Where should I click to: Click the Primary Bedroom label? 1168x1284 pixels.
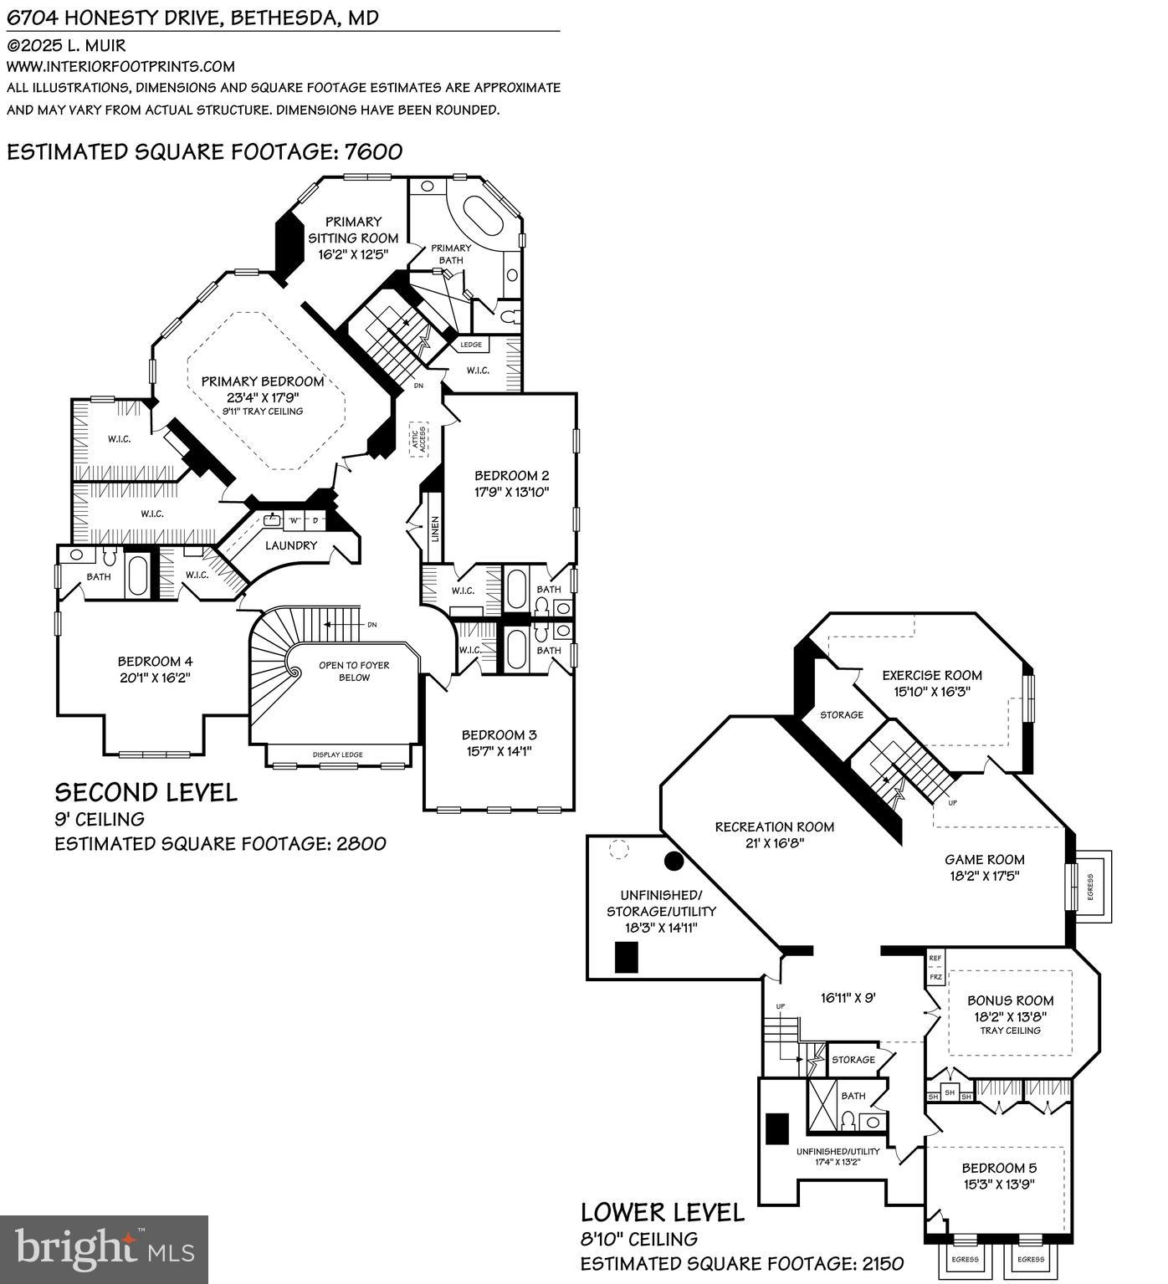250,381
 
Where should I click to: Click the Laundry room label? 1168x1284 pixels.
291,545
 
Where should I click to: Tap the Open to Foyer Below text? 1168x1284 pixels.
354,671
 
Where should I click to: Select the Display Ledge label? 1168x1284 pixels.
338,755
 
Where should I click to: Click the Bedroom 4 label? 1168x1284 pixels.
155,661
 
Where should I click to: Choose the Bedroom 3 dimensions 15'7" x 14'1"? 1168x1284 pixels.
499,751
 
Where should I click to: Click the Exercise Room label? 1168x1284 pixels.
932,675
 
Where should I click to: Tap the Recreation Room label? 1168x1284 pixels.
774,826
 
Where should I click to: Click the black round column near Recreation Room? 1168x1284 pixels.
674,860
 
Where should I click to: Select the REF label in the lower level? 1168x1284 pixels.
935,958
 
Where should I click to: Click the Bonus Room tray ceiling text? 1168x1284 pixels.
1010,1031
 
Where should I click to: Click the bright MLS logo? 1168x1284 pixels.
104,1250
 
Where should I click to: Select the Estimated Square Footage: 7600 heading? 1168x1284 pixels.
204,151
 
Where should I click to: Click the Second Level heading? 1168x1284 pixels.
146,791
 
